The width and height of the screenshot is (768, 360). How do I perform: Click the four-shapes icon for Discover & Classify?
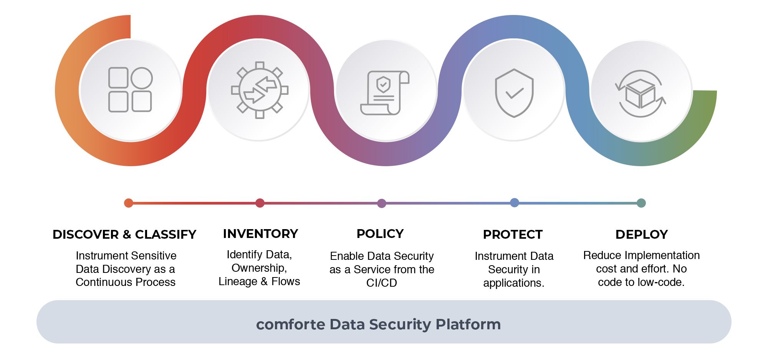point(130,89)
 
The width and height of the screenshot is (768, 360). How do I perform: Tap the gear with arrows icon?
point(260,90)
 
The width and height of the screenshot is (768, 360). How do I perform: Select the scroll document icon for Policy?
point(385,92)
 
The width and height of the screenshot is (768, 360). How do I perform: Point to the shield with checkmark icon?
point(514,93)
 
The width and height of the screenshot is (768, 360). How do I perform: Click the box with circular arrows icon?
point(640,93)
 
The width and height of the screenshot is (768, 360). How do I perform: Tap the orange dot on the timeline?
point(129,203)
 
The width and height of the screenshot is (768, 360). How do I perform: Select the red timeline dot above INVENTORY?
point(260,203)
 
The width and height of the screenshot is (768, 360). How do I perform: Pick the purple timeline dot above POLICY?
point(382,203)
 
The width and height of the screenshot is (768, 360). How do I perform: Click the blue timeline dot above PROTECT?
point(515,203)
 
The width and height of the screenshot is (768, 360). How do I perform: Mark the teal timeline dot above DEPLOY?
point(641,203)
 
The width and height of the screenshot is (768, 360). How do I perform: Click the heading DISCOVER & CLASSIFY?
point(124,234)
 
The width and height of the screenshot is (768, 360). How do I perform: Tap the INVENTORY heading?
point(260,234)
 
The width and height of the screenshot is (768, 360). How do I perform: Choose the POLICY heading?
point(380,234)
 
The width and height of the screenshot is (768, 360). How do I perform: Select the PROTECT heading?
point(513,234)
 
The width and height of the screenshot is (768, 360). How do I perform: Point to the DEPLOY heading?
point(642,234)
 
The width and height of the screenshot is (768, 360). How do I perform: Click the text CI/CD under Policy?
point(382,283)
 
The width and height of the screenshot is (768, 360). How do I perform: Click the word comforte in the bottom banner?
point(291,325)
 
